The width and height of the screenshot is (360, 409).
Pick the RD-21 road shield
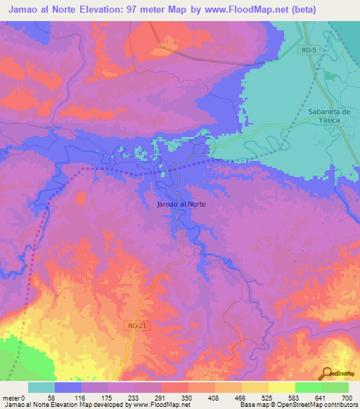click(x=138, y=325)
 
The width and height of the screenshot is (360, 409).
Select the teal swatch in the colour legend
click(x=41, y=387)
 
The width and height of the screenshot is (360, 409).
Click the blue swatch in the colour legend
click(x=68, y=387)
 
